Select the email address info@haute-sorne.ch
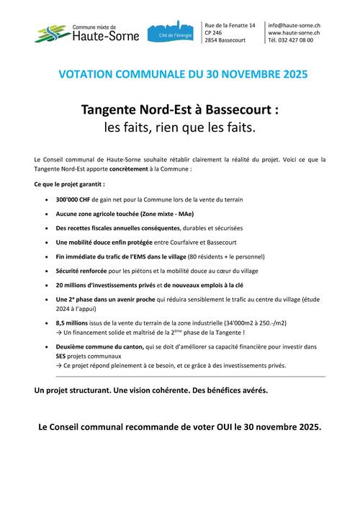pyautogui.click(x=294, y=25)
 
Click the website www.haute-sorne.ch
pyautogui.click(x=294, y=33)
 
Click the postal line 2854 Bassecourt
pyautogui.click(x=225, y=41)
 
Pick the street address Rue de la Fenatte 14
pyautogui.click(x=230, y=25)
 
